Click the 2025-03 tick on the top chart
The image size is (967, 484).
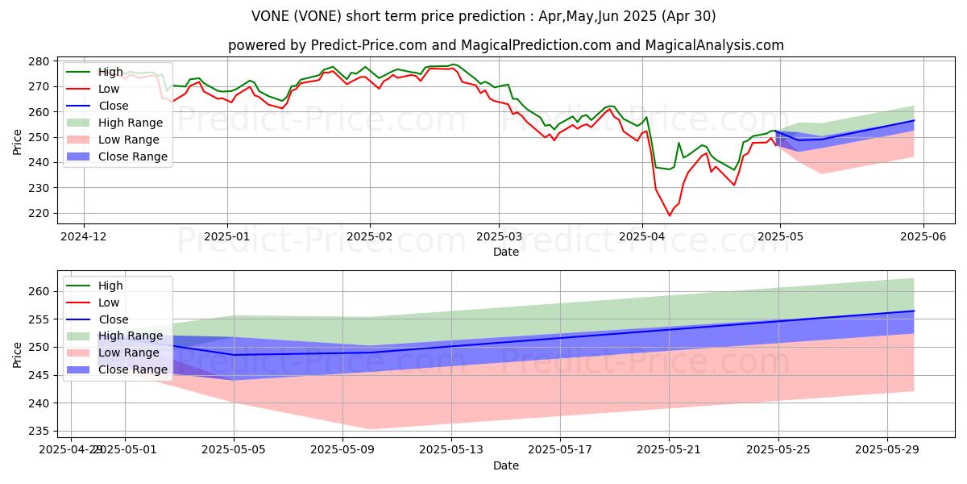(498, 237)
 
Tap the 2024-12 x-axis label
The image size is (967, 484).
(84, 237)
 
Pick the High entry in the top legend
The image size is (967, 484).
(110, 72)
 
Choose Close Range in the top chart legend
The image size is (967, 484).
(133, 156)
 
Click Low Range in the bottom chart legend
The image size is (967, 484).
(130, 353)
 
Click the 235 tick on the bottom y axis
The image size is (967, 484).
(39, 431)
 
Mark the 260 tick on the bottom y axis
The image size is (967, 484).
(39, 291)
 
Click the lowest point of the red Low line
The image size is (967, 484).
(669, 215)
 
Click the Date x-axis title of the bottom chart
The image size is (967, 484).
(506, 465)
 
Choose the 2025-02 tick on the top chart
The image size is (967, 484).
(370, 237)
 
